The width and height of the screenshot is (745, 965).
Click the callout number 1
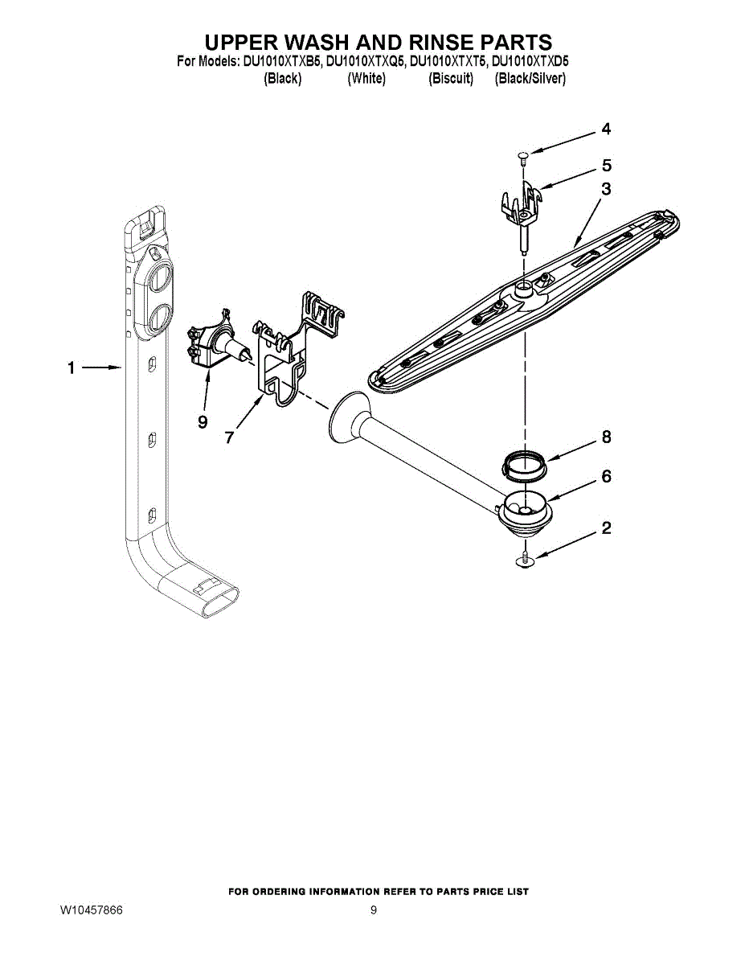[x=71, y=368]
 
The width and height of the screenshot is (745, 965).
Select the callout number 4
[x=606, y=129]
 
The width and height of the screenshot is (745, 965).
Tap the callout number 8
[x=606, y=437]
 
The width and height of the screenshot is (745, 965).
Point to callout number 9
[x=203, y=421]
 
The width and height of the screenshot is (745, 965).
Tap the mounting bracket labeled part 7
[x=289, y=346]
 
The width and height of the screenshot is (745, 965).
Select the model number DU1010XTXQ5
[x=365, y=60]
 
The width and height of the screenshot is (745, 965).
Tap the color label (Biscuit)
[x=451, y=79]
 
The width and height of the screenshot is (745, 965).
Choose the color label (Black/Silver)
[x=530, y=79]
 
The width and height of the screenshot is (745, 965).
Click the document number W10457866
[x=91, y=910]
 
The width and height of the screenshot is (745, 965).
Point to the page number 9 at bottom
[x=374, y=910]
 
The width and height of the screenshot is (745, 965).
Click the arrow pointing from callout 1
[x=100, y=368]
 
